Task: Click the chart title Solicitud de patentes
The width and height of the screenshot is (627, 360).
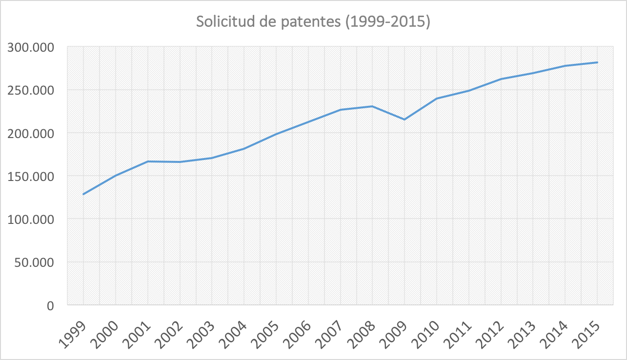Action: tap(313, 22)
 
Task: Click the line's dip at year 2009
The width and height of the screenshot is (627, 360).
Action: tap(405, 120)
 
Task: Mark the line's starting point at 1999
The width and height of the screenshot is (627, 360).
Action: tap(83, 194)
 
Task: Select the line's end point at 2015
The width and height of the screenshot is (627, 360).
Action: tap(597, 62)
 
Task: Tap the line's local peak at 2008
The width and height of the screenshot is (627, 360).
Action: tap(372, 106)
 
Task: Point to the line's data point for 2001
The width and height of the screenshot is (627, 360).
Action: tap(148, 161)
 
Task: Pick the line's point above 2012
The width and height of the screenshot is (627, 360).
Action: tap(501, 79)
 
